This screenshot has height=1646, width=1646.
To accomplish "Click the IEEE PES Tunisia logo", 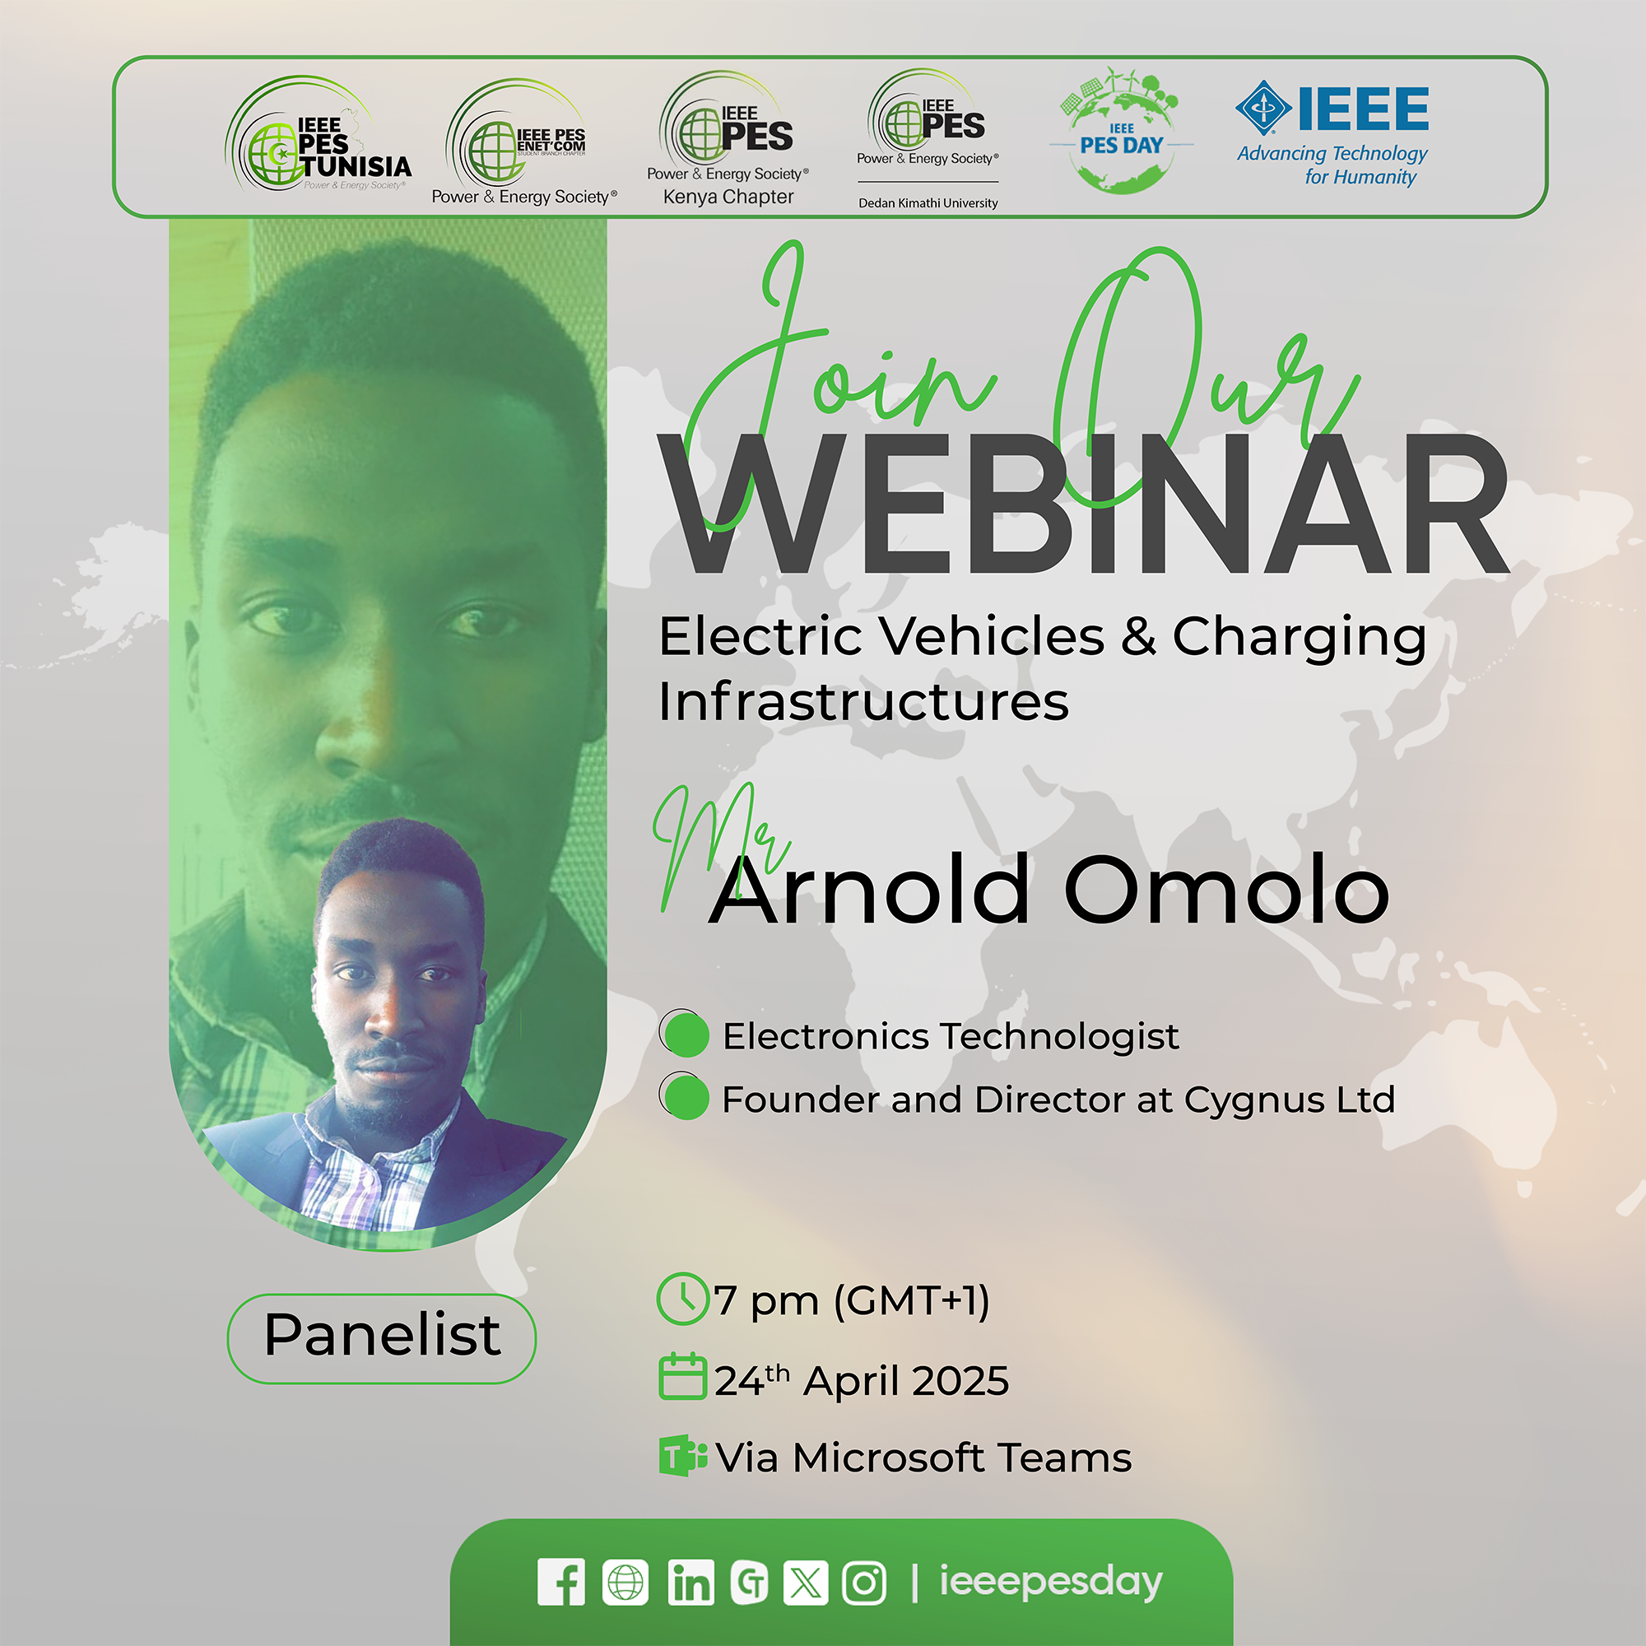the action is (x=319, y=135).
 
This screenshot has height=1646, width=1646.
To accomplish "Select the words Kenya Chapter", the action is (x=728, y=197).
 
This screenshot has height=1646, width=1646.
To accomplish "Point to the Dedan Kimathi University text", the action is (x=928, y=202).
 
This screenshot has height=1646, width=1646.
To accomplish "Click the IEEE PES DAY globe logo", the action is (x=1121, y=130).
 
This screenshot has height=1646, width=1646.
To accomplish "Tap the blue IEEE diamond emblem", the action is (x=1264, y=108).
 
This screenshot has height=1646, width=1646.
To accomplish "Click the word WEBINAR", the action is (x=1084, y=504).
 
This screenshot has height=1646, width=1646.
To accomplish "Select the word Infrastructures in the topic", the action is (x=863, y=701).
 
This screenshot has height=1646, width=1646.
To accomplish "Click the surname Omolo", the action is (x=1227, y=890).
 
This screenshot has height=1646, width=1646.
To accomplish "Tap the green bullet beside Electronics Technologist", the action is (x=685, y=1034).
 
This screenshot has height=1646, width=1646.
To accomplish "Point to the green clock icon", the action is (x=683, y=1299).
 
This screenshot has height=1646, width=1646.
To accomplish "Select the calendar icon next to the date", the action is (x=683, y=1376).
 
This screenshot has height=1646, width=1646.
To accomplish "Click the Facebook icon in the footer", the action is (x=561, y=1582).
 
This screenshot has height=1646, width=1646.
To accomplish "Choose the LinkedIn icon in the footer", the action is (x=691, y=1582).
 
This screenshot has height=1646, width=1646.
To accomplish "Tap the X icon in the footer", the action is (x=806, y=1582).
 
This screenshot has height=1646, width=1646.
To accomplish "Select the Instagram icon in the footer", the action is (x=865, y=1583).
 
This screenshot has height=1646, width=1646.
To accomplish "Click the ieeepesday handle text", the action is (x=1050, y=1583).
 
